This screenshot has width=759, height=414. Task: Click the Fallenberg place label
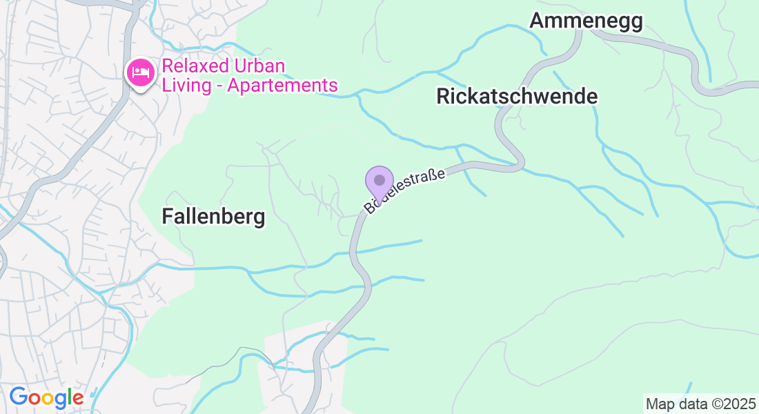(213, 217)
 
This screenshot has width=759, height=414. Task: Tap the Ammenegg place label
(586, 21)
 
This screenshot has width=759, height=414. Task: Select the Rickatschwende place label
(517, 97)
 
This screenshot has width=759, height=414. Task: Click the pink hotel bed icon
(141, 71)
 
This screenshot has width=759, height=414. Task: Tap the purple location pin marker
(379, 181)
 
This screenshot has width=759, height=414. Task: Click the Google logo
(46, 397)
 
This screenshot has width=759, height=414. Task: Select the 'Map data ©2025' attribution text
(700, 403)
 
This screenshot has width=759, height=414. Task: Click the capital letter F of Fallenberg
(167, 217)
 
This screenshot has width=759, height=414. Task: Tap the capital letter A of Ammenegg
(537, 21)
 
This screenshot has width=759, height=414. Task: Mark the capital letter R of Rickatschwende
(443, 97)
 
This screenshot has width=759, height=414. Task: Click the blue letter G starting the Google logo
(18, 397)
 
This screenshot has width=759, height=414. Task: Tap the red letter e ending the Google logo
(78, 398)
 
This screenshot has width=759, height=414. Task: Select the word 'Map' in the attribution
(659, 403)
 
